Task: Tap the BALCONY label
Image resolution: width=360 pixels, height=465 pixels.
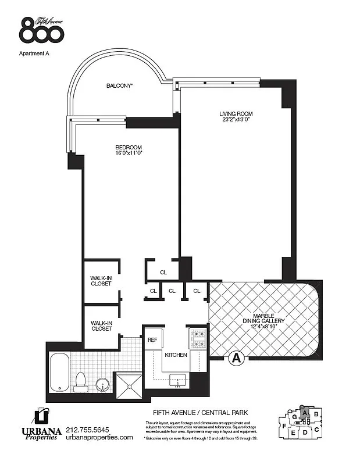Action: (120, 86)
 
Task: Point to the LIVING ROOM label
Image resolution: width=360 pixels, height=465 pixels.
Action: (236, 113)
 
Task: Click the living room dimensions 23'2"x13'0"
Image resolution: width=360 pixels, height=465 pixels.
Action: (236, 120)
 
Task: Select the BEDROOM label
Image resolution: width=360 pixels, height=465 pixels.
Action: (129, 147)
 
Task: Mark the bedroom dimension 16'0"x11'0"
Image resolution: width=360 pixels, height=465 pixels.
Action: (129, 153)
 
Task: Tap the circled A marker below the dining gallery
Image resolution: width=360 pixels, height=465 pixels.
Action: (237, 359)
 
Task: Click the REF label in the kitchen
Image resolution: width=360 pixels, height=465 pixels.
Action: (152, 340)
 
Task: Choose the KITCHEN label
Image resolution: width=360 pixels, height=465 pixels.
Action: (176, 355)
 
